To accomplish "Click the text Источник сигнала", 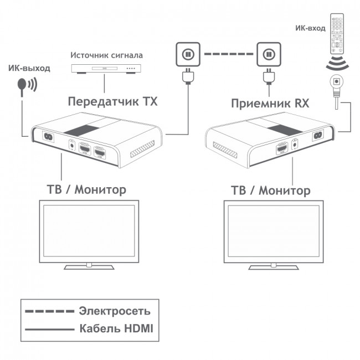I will coord(105,55).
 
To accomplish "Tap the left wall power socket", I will coord(187,55).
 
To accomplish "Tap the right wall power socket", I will coord(269,55).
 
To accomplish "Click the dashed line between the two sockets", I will coord(228,55).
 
